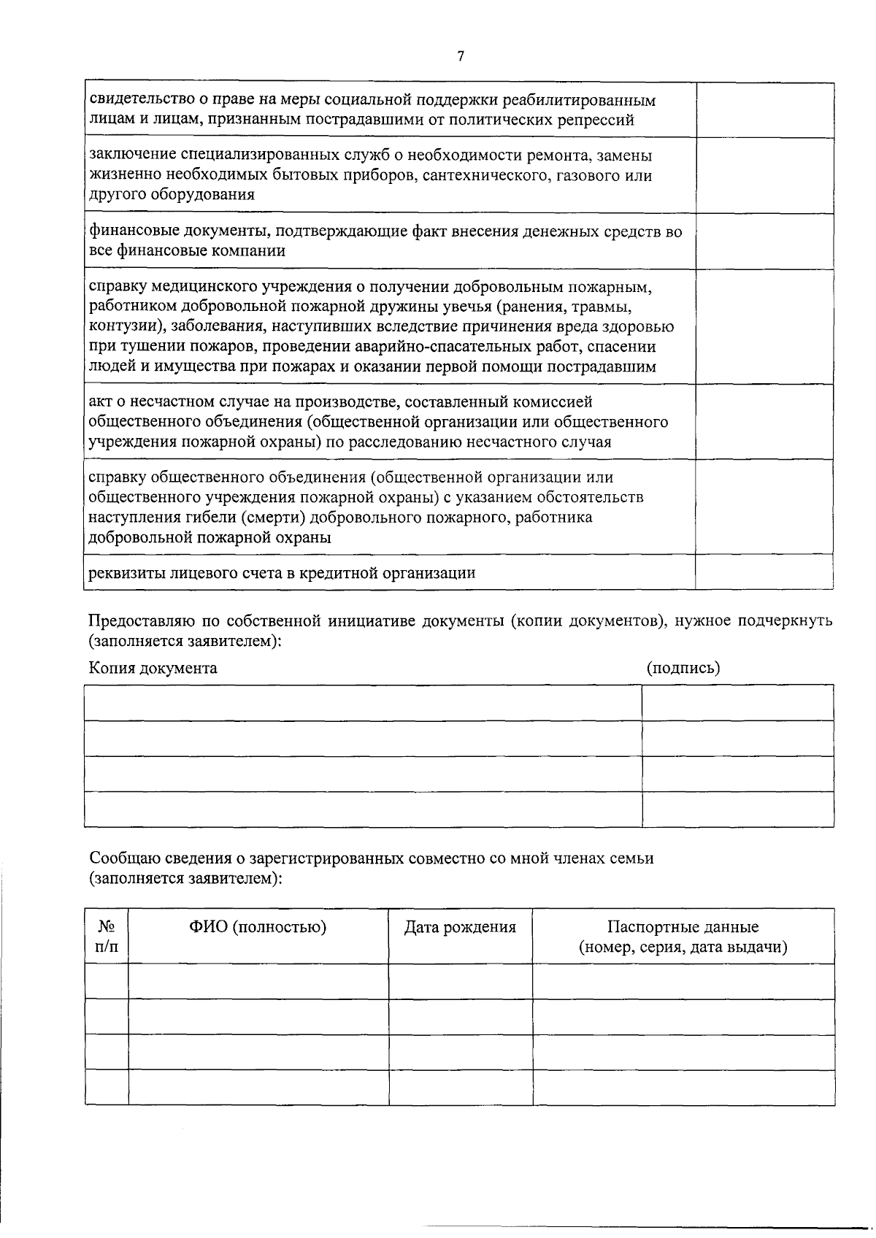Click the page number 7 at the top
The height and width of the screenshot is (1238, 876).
tap(461, 55)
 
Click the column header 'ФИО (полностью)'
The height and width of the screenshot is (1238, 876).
tap(258, 927)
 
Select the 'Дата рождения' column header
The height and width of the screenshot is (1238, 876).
tap(460, 927)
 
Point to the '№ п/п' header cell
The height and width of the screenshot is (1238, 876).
tap(107, 937)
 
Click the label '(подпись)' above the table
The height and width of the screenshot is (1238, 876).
tap(683, 667)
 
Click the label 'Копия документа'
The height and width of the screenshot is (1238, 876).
tap(153, 667)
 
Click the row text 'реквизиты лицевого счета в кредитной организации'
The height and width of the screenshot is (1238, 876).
tap(282, 572)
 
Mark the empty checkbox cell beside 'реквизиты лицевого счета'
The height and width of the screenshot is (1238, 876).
tap(764, 572)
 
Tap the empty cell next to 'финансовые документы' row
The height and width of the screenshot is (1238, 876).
tap(764, 241)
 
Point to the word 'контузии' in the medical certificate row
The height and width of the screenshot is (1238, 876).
tap(120, 326)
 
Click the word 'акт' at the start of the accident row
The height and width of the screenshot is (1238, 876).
tap(99, 401)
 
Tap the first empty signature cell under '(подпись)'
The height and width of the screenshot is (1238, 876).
tap(737, 702)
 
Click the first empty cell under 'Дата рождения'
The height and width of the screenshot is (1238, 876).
tap(460, 981)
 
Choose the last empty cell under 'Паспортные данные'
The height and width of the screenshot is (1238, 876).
tap(683, 1087)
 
